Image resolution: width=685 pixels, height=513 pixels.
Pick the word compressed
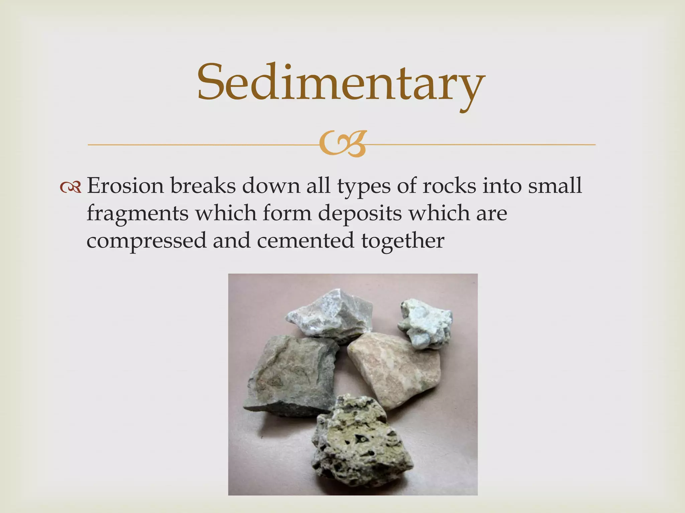[x=146, y=240]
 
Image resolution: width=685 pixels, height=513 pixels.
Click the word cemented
[x=305, y=240]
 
